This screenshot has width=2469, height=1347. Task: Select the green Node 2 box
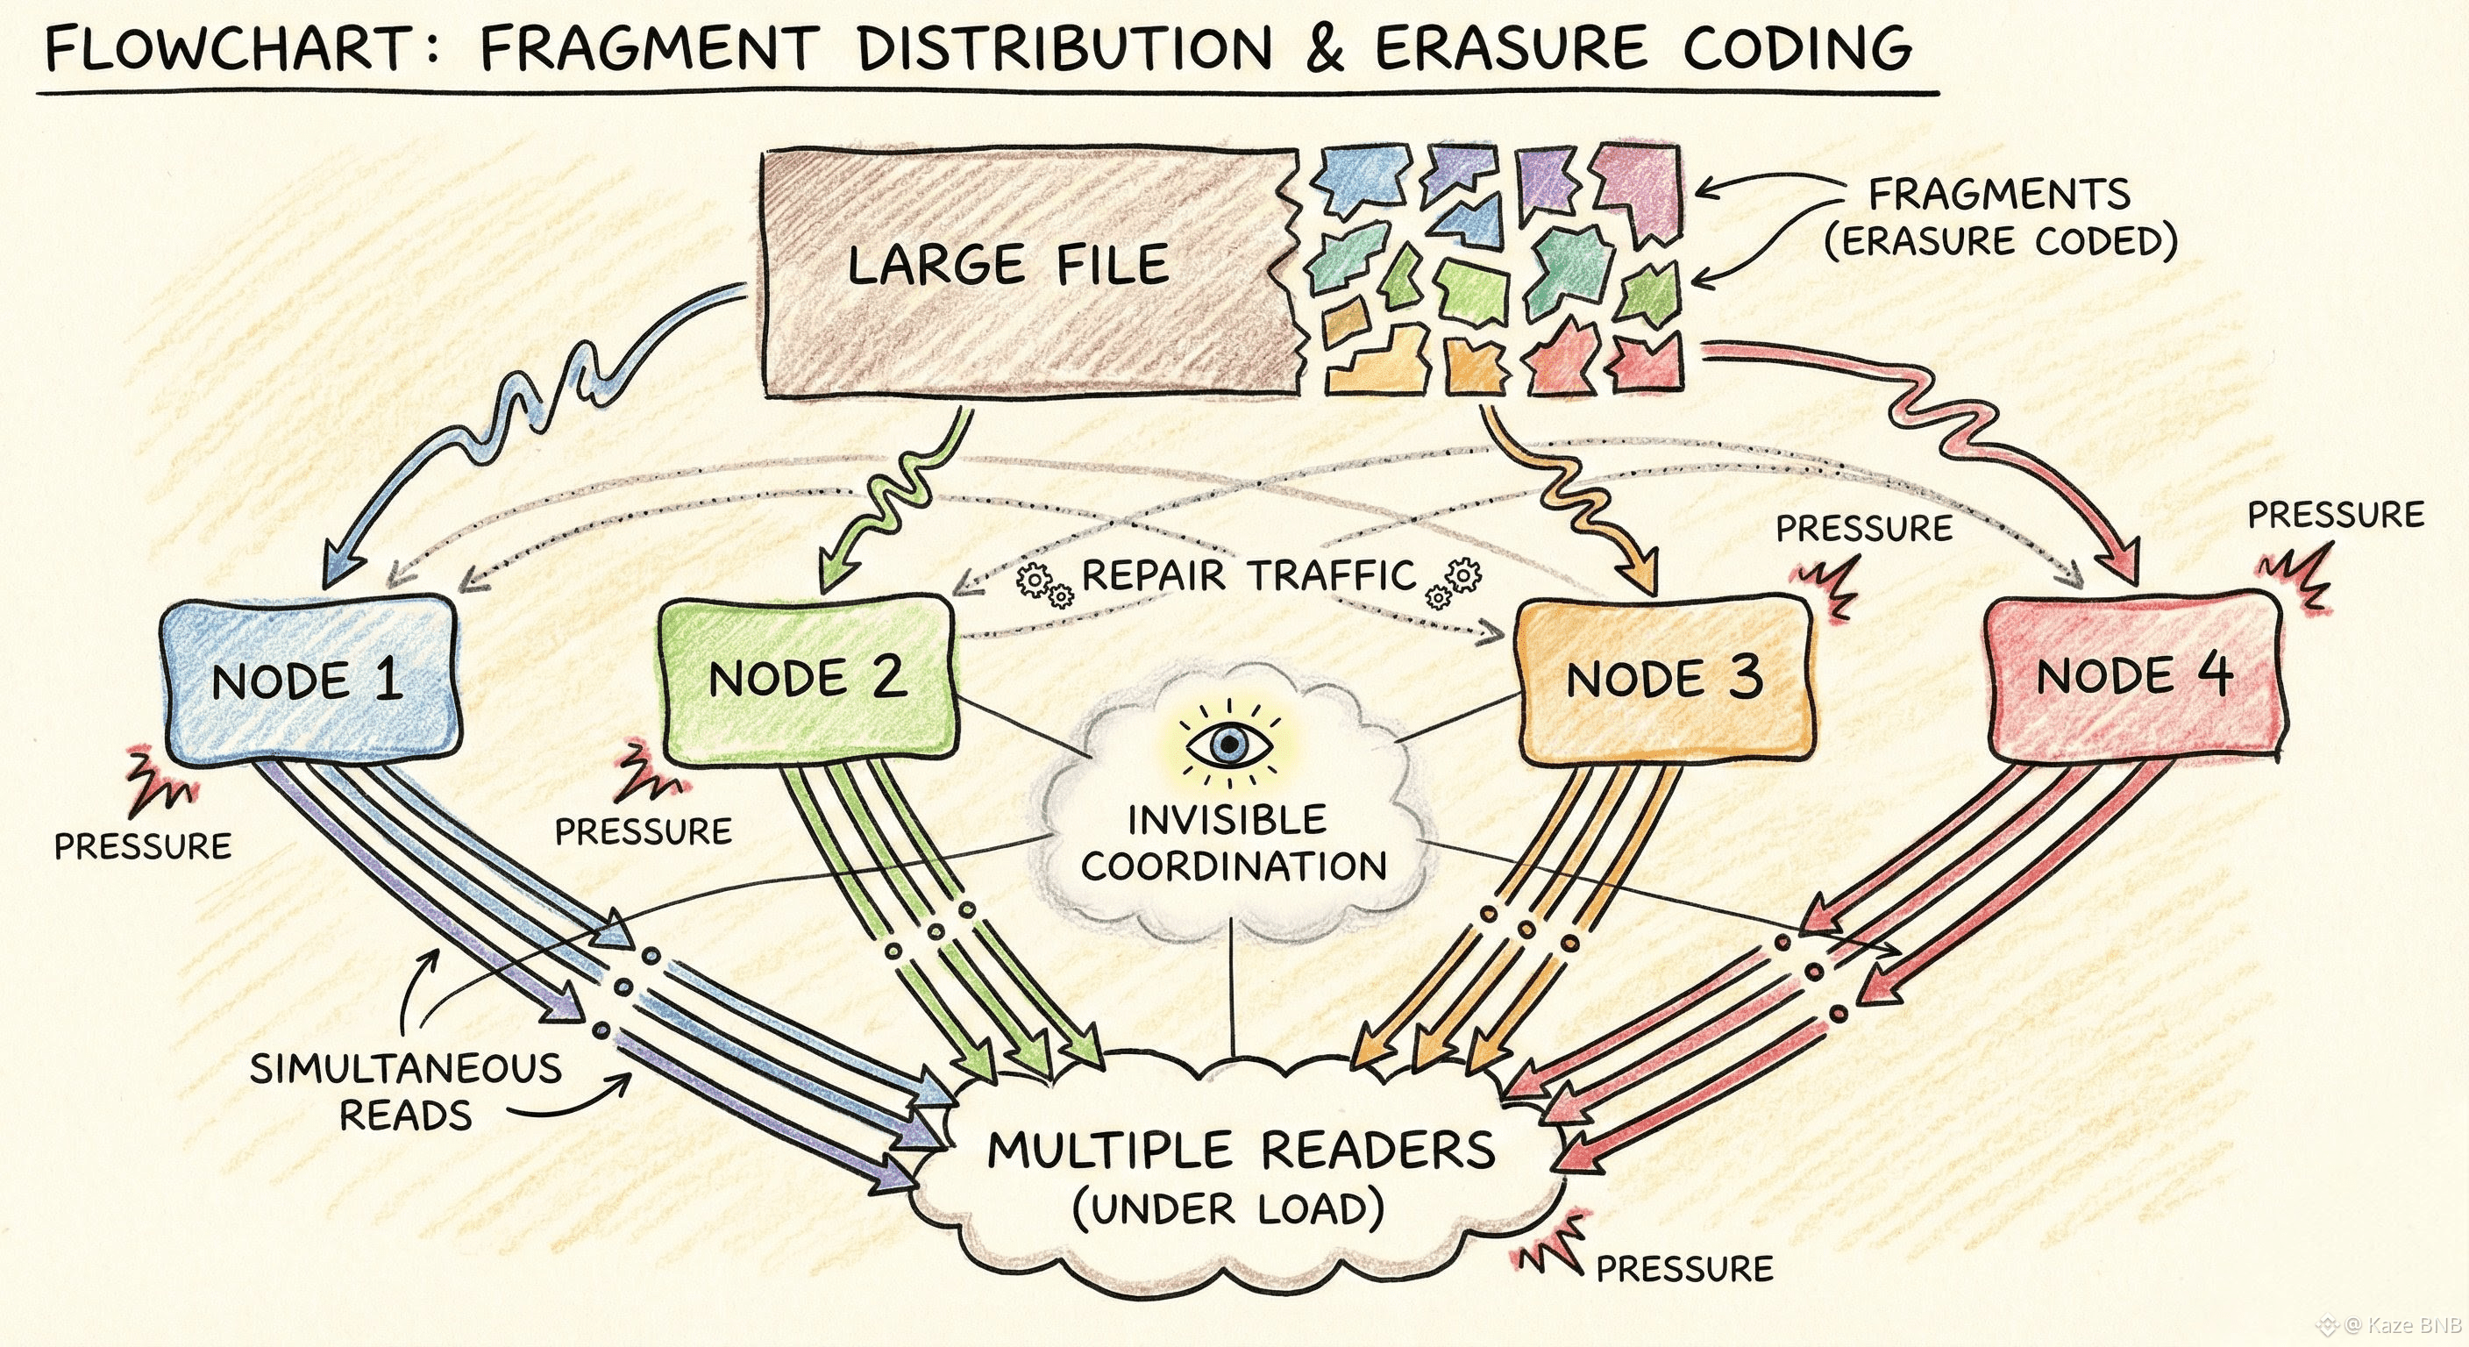point(808,680)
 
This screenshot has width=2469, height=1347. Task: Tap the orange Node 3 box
point(1664,680)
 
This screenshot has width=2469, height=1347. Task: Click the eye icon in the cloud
point(1227,745)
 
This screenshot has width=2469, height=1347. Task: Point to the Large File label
point(1007,265)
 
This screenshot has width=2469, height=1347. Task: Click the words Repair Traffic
point(1249,576)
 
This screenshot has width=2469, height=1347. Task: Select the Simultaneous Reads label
point(405,1091)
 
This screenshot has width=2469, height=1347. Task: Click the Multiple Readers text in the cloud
point(1242,1151)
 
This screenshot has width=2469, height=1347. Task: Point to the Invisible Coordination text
point(1234,843)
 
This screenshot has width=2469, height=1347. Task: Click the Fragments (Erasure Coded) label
point(2000,217)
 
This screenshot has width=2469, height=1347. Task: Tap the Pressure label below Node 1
point(143,846)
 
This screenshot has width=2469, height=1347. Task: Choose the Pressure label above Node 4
point(2335,515)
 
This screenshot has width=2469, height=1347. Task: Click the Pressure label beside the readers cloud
point(1684,1268)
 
